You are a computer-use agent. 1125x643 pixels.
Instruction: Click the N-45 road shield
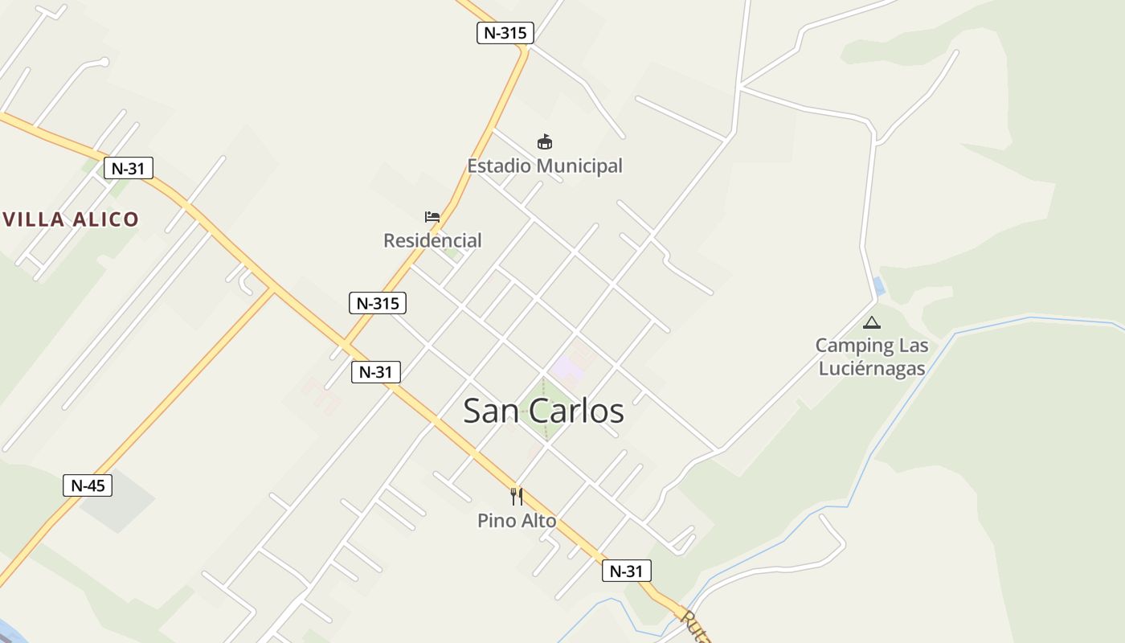tap(88, 485)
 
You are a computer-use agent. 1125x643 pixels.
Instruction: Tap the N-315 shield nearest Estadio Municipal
tap(505, 33)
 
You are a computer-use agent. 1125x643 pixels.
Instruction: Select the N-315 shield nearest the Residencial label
tap(378, 303)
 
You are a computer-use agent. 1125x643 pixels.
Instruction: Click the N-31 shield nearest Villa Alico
tap(128, 169)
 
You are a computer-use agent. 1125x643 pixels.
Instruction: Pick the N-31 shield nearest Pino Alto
tap(626, 571)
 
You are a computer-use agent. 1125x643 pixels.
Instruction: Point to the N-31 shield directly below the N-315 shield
tap(375, 372)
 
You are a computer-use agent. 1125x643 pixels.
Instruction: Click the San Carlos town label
tap(543, 411)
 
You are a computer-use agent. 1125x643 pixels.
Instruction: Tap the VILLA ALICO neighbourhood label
tap(71, 219)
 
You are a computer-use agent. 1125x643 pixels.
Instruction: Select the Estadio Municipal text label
tap(545, 166)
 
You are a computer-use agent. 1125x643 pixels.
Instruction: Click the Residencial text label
tap(432, 240)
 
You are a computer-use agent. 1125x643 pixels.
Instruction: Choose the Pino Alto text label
tap(517, 521)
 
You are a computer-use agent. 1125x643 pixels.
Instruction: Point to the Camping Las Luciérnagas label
tap(872, 357)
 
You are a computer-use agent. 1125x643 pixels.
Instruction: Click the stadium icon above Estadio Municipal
tap(545, 142)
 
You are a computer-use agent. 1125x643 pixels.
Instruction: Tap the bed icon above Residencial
tap(432, 217)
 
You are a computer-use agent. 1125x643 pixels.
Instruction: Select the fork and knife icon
tap(517, 497)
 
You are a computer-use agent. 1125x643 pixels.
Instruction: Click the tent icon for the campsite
tap(871, 323)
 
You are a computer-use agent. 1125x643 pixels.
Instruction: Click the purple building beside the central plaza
tap(567, 370)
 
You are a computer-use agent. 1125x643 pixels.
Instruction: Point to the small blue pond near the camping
tap(879, 285)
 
